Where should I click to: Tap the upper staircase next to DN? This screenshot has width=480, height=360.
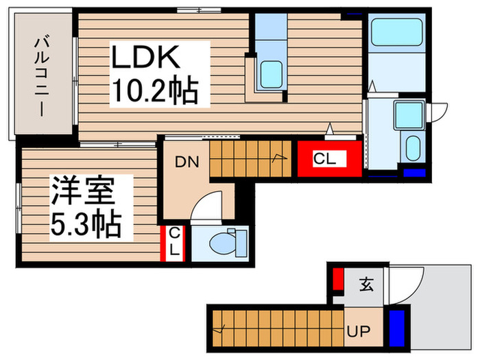[251, 158]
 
